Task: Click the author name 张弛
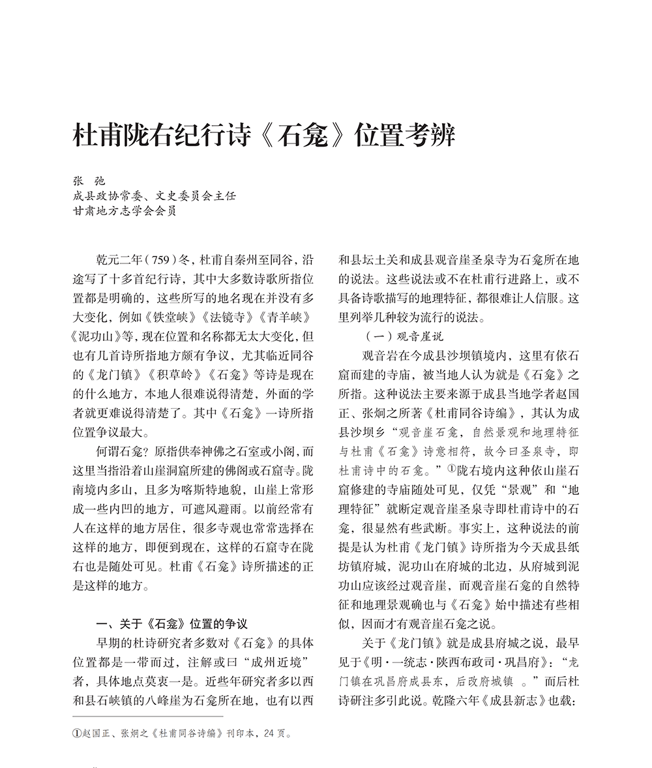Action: pos(88,181)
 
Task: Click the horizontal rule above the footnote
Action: pos(147,716)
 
